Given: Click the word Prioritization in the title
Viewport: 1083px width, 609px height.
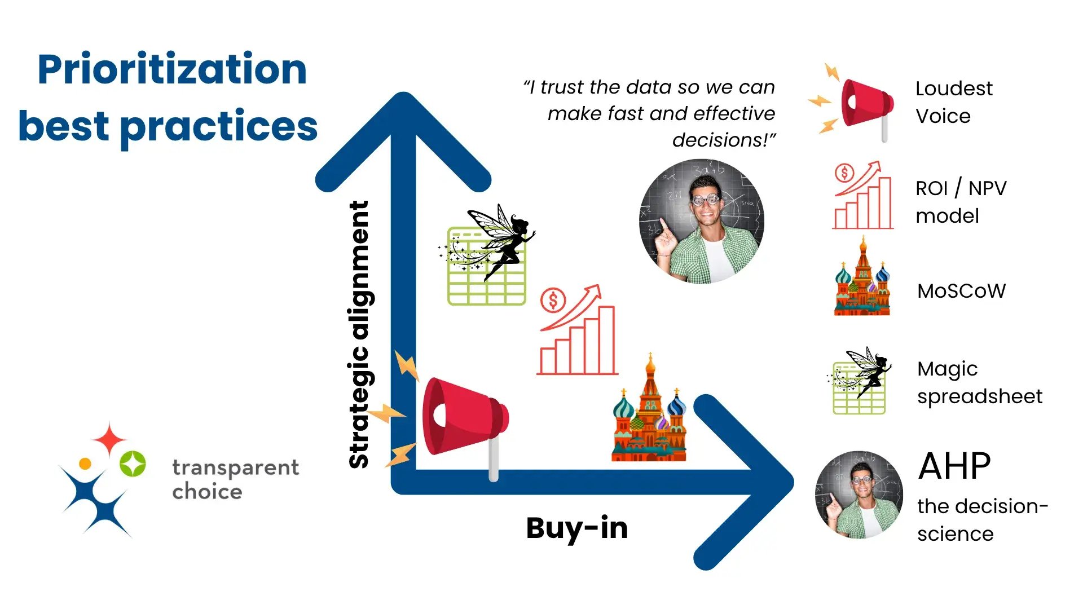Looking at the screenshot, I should coord(172,69).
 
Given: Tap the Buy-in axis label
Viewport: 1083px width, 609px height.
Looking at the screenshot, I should coord(576,528).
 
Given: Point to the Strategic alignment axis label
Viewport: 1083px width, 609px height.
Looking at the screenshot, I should coord(359,334).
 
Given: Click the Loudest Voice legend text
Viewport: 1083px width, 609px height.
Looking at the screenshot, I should coord(953,102).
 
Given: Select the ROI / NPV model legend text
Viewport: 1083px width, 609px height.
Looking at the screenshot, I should coord(961,202).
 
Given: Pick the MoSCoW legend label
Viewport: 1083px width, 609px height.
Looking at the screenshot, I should coord(961,291).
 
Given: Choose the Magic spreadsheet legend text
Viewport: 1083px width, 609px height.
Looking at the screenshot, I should coord(979,382).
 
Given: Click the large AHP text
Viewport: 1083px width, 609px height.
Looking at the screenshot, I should coord(954,466).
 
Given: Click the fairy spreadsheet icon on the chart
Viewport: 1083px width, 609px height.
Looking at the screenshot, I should coord(487,257).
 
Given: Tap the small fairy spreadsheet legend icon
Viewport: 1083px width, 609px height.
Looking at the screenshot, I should coord(860,382).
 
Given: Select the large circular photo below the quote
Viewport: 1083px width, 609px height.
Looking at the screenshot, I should coord(702,221).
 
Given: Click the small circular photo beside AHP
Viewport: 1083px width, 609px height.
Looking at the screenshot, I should coord(859,495).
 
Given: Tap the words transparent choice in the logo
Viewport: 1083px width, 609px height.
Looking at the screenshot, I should coord(235,479).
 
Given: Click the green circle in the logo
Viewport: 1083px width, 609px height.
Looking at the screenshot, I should coord(133,464).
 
